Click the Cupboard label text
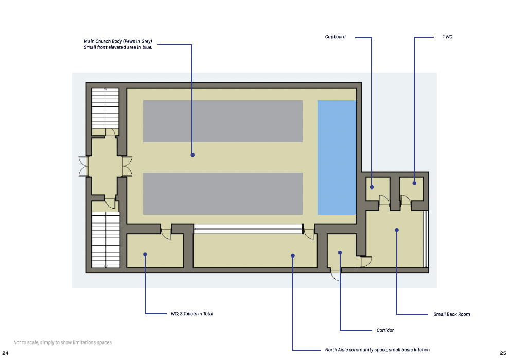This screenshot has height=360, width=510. click(x=335, y=37)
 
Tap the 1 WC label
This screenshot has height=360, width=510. click(x=447, y=37)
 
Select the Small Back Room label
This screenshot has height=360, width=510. click(x=451, y=314)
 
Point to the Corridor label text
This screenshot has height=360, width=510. click(x=385, y=330)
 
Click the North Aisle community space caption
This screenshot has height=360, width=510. click(x=377, y=350)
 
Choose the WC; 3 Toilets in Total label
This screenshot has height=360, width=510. click(x=192, y=314)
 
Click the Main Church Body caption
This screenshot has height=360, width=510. click(x=118, y=44)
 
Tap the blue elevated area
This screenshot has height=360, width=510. click(x=337, y=158)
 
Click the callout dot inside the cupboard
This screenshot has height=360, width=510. click(x=372, y=187)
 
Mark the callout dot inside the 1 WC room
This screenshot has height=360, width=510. click(x=414, y=183)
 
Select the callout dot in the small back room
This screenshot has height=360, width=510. click(x=397, y=230)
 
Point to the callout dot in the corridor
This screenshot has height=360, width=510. click(x=340, y=252)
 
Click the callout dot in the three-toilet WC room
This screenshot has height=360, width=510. click(x=145, y=254)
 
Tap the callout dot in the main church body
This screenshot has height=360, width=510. click(x=192, y=155)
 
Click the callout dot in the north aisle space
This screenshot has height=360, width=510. click(x=293, y=256)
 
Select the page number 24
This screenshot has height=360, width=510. click(x=5, y=353)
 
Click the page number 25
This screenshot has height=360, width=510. click(x=503, y=353)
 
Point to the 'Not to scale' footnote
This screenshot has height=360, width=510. click(x=62, y=342)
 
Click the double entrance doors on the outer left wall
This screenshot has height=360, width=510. click(x=83, y=166)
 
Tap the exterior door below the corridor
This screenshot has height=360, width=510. click(x=336, y=276)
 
